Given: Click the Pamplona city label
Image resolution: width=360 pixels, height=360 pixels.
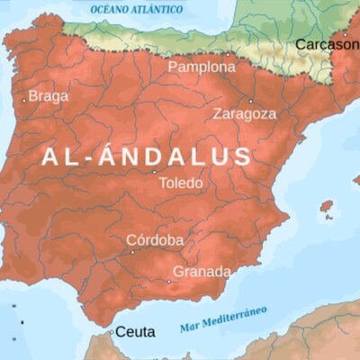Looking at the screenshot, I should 201,67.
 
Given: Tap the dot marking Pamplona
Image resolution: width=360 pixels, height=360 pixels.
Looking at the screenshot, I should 229,54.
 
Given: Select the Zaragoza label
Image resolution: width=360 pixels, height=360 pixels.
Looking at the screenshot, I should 245,114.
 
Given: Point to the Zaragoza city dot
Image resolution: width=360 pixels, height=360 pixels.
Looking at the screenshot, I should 251,100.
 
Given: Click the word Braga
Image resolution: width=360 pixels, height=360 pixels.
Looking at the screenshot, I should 48,96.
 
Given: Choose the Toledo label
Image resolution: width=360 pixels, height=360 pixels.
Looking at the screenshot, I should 181,183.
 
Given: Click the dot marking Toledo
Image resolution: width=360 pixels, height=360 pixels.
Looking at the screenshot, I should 154,171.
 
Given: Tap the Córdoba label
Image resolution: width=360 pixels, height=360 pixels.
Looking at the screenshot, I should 155,240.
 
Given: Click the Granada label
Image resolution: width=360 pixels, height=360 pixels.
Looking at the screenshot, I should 202,271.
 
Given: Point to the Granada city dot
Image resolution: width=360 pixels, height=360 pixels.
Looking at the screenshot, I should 168,281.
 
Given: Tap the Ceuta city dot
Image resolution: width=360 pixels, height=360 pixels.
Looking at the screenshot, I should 112,332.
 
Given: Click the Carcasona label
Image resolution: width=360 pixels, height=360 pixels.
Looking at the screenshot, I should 328,44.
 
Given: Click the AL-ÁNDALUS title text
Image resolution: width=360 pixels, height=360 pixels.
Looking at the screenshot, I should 147,157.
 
